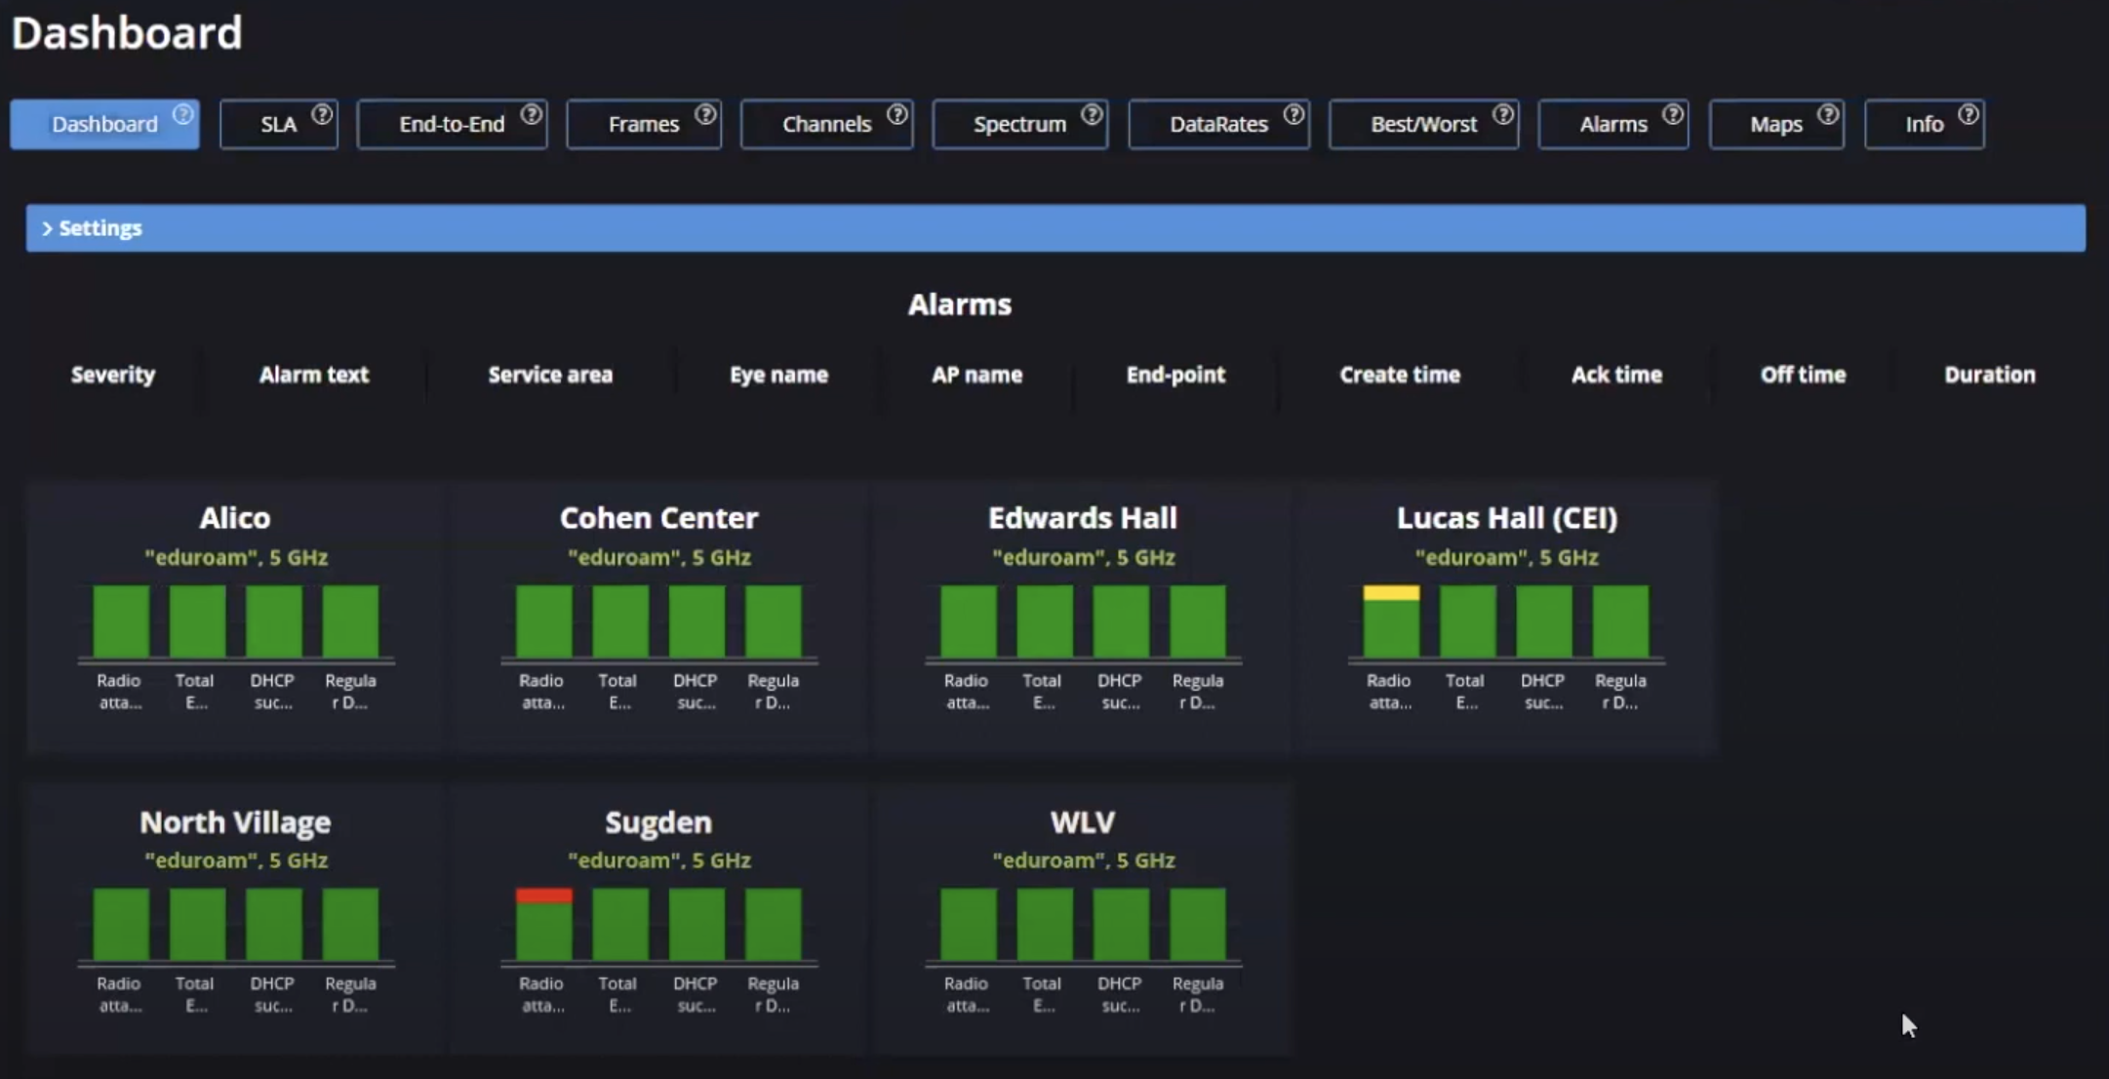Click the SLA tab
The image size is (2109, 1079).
(278, 125)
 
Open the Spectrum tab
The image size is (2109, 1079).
(1019, 125)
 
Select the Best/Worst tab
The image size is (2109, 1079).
(1423, 125)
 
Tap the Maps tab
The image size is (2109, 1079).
(1775, 125)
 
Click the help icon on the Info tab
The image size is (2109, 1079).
(1969, 114)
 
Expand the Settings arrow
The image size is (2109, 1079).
(46, 228)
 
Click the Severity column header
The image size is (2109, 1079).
(113, 375)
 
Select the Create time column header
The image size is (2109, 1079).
(1399, 375)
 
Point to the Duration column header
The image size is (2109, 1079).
(1989, 375)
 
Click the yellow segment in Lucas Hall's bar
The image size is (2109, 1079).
(1391, 592)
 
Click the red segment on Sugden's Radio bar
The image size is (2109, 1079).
(543, 896)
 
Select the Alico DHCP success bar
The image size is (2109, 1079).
(273, 621)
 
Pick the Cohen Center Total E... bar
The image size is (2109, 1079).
(620, 621)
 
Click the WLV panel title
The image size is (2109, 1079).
(1082, 822)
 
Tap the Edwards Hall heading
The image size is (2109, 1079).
(1082, 518)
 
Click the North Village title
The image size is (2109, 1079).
(235, 822)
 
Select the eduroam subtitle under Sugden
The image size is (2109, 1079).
(658, 860)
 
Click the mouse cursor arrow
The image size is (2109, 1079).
(1908, 1024)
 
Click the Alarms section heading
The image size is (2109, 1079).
(959, 304)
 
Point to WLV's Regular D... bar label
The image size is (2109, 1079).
(1197, 994)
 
